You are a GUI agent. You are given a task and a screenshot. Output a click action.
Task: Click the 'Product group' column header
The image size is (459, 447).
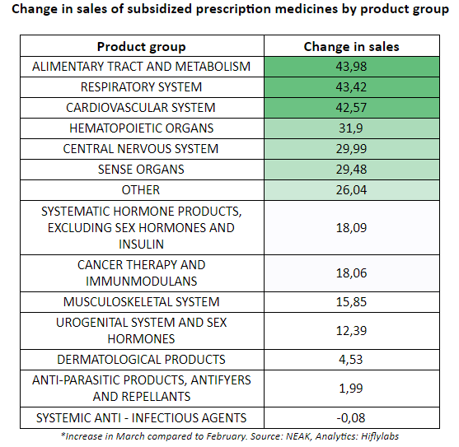(x=142, y=47)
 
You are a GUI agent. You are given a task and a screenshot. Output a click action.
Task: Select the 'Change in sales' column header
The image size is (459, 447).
(x=351, y=47)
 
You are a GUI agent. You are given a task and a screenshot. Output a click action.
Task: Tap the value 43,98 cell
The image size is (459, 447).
(x=351, y=67)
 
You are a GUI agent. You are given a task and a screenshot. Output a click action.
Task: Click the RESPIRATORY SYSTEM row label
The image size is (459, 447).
(x=142, y=87)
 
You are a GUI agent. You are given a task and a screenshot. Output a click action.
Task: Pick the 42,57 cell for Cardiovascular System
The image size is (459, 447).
(x=351, y=108)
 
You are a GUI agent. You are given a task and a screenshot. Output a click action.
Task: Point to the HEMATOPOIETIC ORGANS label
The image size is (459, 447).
(x=142, y=128)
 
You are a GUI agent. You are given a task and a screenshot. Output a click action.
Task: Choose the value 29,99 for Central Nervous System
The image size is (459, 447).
(x=351, y=149)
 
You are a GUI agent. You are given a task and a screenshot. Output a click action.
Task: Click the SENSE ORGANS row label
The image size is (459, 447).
(x=141, y=170)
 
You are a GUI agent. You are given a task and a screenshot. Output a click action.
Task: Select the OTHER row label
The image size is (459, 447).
(x=141, y=190)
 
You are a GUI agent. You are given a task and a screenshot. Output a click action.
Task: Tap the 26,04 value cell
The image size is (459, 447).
(x=351, y=190)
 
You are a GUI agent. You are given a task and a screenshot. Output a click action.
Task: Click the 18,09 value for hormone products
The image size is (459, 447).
(x=351, y=228)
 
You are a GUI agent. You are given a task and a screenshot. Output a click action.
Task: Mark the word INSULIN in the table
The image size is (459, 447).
(x=141, y=244)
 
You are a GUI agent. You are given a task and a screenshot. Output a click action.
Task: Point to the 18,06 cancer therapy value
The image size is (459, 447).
(x=351, y=273)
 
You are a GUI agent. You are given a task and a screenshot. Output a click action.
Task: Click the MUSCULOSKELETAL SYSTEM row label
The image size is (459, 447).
(x=142, y=302)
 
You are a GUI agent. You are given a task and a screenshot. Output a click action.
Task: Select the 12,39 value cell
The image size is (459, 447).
(x=351, y=331)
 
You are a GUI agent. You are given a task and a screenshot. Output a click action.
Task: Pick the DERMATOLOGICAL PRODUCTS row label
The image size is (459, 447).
(x=142, y=360)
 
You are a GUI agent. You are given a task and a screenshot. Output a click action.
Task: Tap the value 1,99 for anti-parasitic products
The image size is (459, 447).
(x=351, y=389)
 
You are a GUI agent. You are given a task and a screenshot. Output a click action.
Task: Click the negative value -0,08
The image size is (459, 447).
(x=351, y=418)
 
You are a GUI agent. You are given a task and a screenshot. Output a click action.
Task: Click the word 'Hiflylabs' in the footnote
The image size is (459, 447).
(x=380, y=436)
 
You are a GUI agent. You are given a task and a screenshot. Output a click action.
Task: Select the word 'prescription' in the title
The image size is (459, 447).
(x=233, y=9)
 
